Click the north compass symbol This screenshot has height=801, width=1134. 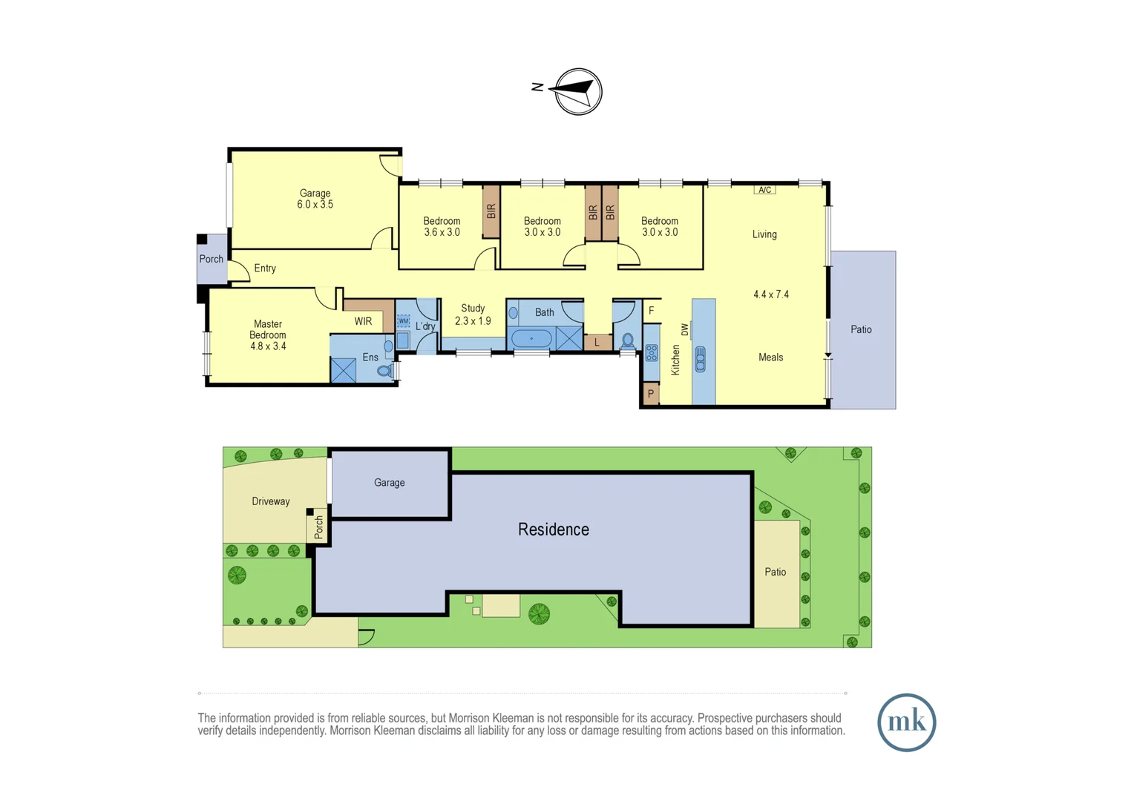click(x=578, y=91)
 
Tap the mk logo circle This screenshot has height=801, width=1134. click(x=906, y=722)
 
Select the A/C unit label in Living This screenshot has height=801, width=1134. click(x=764, y=190)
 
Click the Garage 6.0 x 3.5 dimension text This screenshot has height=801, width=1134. click(x=315, y=205)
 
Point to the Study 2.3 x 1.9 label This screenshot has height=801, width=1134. click(x=473, y=314)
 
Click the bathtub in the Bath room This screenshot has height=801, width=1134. click(x=531, y=339)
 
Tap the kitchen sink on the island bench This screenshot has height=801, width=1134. click(x=700, y=360)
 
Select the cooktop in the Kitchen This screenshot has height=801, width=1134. click(x=652, y=353)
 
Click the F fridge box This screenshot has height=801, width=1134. click(x=652, y=311)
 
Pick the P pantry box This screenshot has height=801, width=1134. click(x=651, y=394)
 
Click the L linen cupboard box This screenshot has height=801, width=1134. click(x=597, y=343)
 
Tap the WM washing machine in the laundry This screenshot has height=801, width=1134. click(x=403, y=321)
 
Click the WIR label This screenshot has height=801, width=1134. click(x=363, y=321)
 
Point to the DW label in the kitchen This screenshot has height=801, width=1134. click(x=684, y=329)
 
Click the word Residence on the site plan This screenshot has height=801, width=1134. click(x=553, y=530)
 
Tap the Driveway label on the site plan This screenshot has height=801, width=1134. click(x=270, y=501)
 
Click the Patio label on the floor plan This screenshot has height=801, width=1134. click(x=861, y=329)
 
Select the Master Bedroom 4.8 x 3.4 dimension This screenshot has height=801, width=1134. click(x=268, y=346)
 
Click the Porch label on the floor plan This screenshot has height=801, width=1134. click(x=211, y=259)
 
